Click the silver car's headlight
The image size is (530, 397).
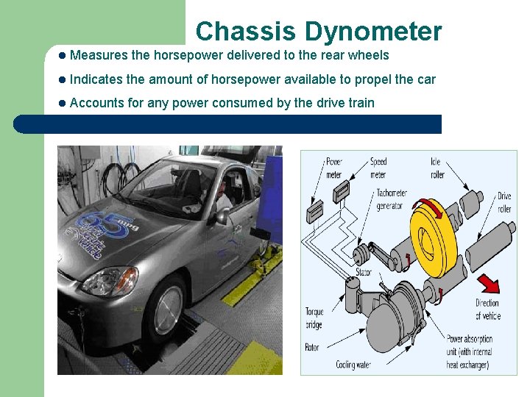pyautogui.click(x=108, y=281)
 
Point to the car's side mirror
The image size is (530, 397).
pyautogui.click(x=222, y=216)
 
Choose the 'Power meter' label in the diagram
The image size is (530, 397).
pyautogui.click(x=333, y=168)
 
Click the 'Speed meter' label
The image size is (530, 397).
pyautogui.click(x=378, y=168)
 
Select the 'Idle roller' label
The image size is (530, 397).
pyautogui.click(x=438, y=168)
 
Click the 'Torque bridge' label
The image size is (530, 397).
pyautogui.click(x=314, y=318)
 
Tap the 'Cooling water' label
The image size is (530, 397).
pyautogui.click(x=353, y=365)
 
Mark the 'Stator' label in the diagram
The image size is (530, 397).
pyautogui.click(x=364, y=272)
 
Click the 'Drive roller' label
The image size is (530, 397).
pyautogui.click(x=504, y=202)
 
